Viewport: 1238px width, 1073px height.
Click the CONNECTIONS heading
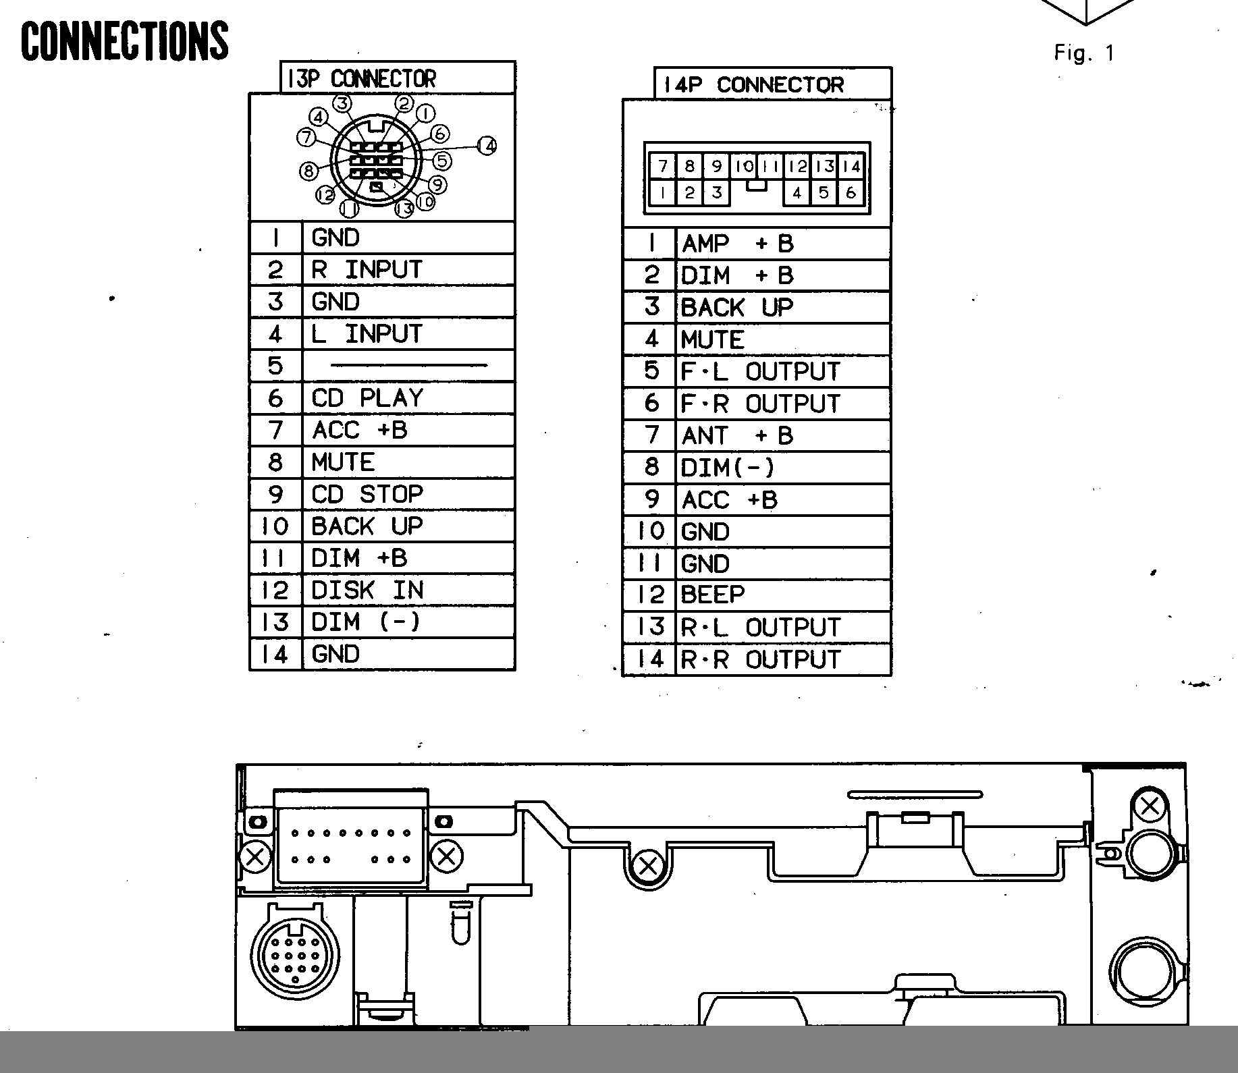(125, 40)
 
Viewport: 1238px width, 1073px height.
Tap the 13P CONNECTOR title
(361, 79)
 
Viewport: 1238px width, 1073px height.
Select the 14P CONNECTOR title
(753, 85)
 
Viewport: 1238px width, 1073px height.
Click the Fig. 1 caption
(1084, 53)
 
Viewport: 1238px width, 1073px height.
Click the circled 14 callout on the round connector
(487, 145)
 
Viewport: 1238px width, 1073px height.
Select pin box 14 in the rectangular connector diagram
(852, 166)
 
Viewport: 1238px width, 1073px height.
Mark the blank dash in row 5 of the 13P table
(408, 366)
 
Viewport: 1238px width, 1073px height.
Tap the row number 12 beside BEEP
(651, 595)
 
